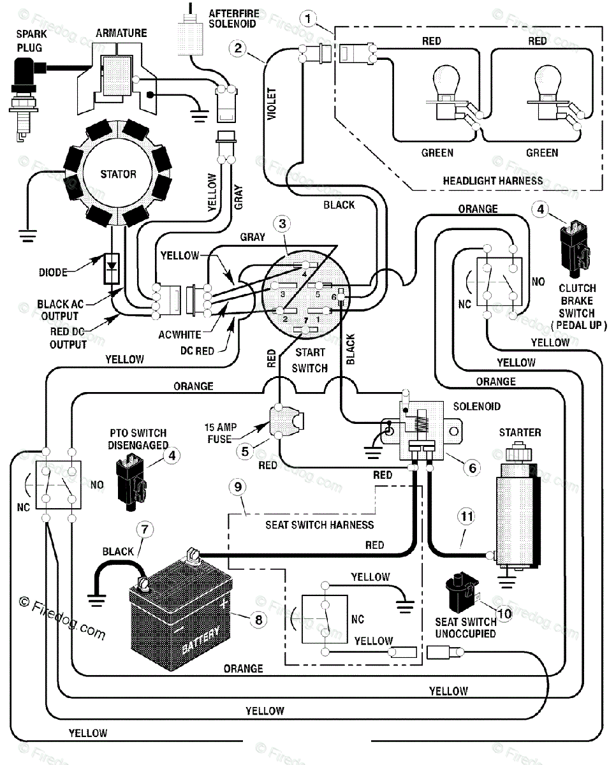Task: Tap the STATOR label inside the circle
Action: click(x=118, y=174)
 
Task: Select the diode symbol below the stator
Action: click(x=112, y=268)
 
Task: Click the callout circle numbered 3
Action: click(x=282, y=224)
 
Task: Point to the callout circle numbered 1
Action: click(x=308, y=19)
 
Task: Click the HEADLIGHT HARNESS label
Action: click(x=492, y=181)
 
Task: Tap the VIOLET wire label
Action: click(x=272, y=104)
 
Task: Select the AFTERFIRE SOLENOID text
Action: click(x=233, y=19)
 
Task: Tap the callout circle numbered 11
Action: click(x=467, y=516)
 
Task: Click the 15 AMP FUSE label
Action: click(x=221, y=433)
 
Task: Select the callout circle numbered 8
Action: click(x=258, y=620)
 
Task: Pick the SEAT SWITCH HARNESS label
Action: click(x=319, y=525)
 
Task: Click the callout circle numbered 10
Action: click(x=504, y=613)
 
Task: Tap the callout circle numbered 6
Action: click(x=473, y=468)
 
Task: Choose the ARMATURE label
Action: click(x=121, y=33)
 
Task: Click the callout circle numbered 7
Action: click(x=144, y=529)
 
